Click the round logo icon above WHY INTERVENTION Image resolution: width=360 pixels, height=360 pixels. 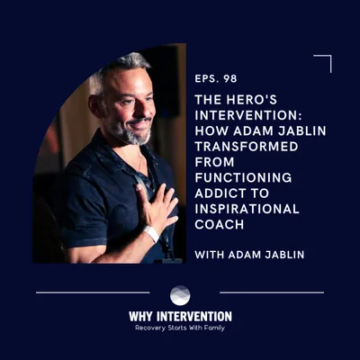click(x=180, y=295)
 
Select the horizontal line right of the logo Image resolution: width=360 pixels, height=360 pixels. click(x=271, y=292)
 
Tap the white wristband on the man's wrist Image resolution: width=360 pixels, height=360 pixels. click(x=151, y=233)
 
